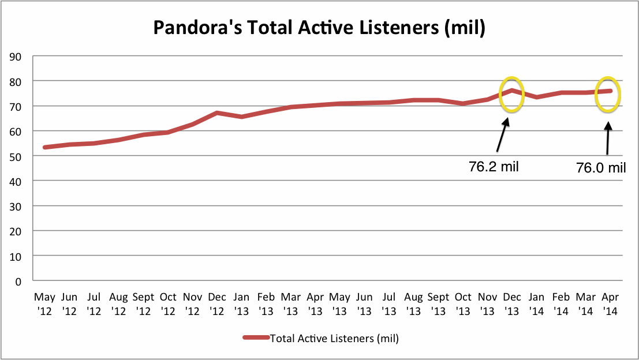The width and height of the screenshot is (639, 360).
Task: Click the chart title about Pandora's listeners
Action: coord(319,28)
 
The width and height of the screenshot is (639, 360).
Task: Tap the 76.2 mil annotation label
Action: coord(494,167)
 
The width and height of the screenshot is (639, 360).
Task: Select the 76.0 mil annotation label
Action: coord(601,168)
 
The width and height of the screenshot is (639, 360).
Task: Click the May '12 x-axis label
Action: coord(44,303)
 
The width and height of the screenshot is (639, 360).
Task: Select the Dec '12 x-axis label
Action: coord(217,303)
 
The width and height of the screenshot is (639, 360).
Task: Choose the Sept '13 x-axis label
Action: coord(438,303)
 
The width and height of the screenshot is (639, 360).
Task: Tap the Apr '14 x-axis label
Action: coord(610,303)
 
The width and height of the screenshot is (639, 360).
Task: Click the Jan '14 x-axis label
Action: coord(536,303)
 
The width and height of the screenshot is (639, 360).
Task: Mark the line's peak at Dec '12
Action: coord(216,113)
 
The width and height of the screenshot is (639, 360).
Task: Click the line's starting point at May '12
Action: coord(45,147)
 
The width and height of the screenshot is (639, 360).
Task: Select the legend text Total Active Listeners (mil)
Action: coord(334,339)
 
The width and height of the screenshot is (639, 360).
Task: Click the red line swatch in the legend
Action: coord(256,339)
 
